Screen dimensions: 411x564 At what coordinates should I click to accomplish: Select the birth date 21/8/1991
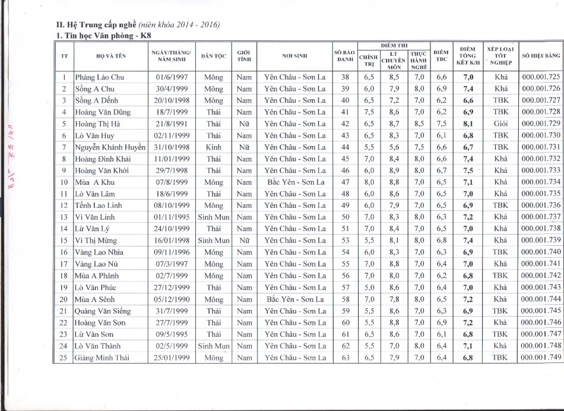172,124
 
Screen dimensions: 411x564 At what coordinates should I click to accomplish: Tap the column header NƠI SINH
295,56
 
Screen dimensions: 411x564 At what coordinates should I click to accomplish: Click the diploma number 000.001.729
541,124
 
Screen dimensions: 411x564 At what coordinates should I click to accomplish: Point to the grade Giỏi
500,124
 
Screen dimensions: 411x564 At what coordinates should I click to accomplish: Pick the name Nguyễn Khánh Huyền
110,147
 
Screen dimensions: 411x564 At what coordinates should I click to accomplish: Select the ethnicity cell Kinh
214,147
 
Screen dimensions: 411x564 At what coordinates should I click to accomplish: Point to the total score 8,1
468,124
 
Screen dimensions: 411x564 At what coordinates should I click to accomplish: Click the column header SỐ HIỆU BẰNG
541,56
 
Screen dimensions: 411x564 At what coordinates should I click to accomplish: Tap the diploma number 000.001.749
541,358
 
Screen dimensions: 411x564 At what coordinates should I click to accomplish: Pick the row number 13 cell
64,217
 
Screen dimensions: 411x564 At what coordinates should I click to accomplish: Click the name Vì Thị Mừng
96,241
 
